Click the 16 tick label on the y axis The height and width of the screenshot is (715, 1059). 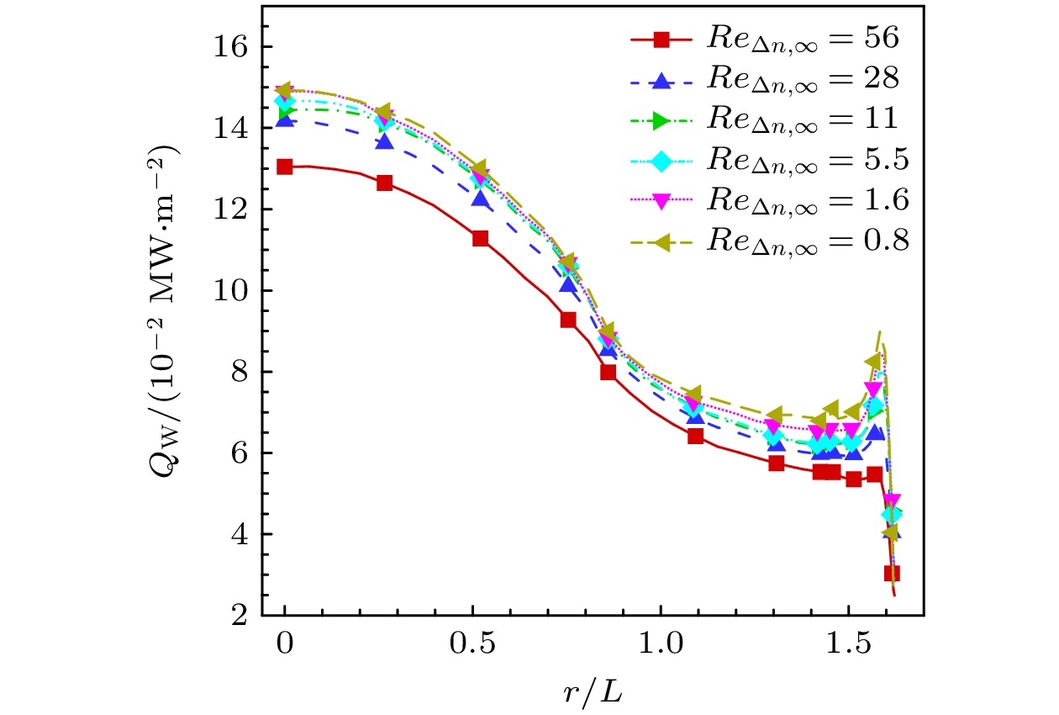[231, 47]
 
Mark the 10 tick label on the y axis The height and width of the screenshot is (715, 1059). [231, 291]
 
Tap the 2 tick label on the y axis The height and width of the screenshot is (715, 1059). [238, 616]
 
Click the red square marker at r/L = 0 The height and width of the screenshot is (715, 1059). [285, 167]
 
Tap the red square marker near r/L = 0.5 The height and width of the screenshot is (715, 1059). [481, 238]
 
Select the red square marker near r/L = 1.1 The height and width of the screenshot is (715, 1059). [695, 436]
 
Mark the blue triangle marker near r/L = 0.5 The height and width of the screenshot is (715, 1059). [481, 199]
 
